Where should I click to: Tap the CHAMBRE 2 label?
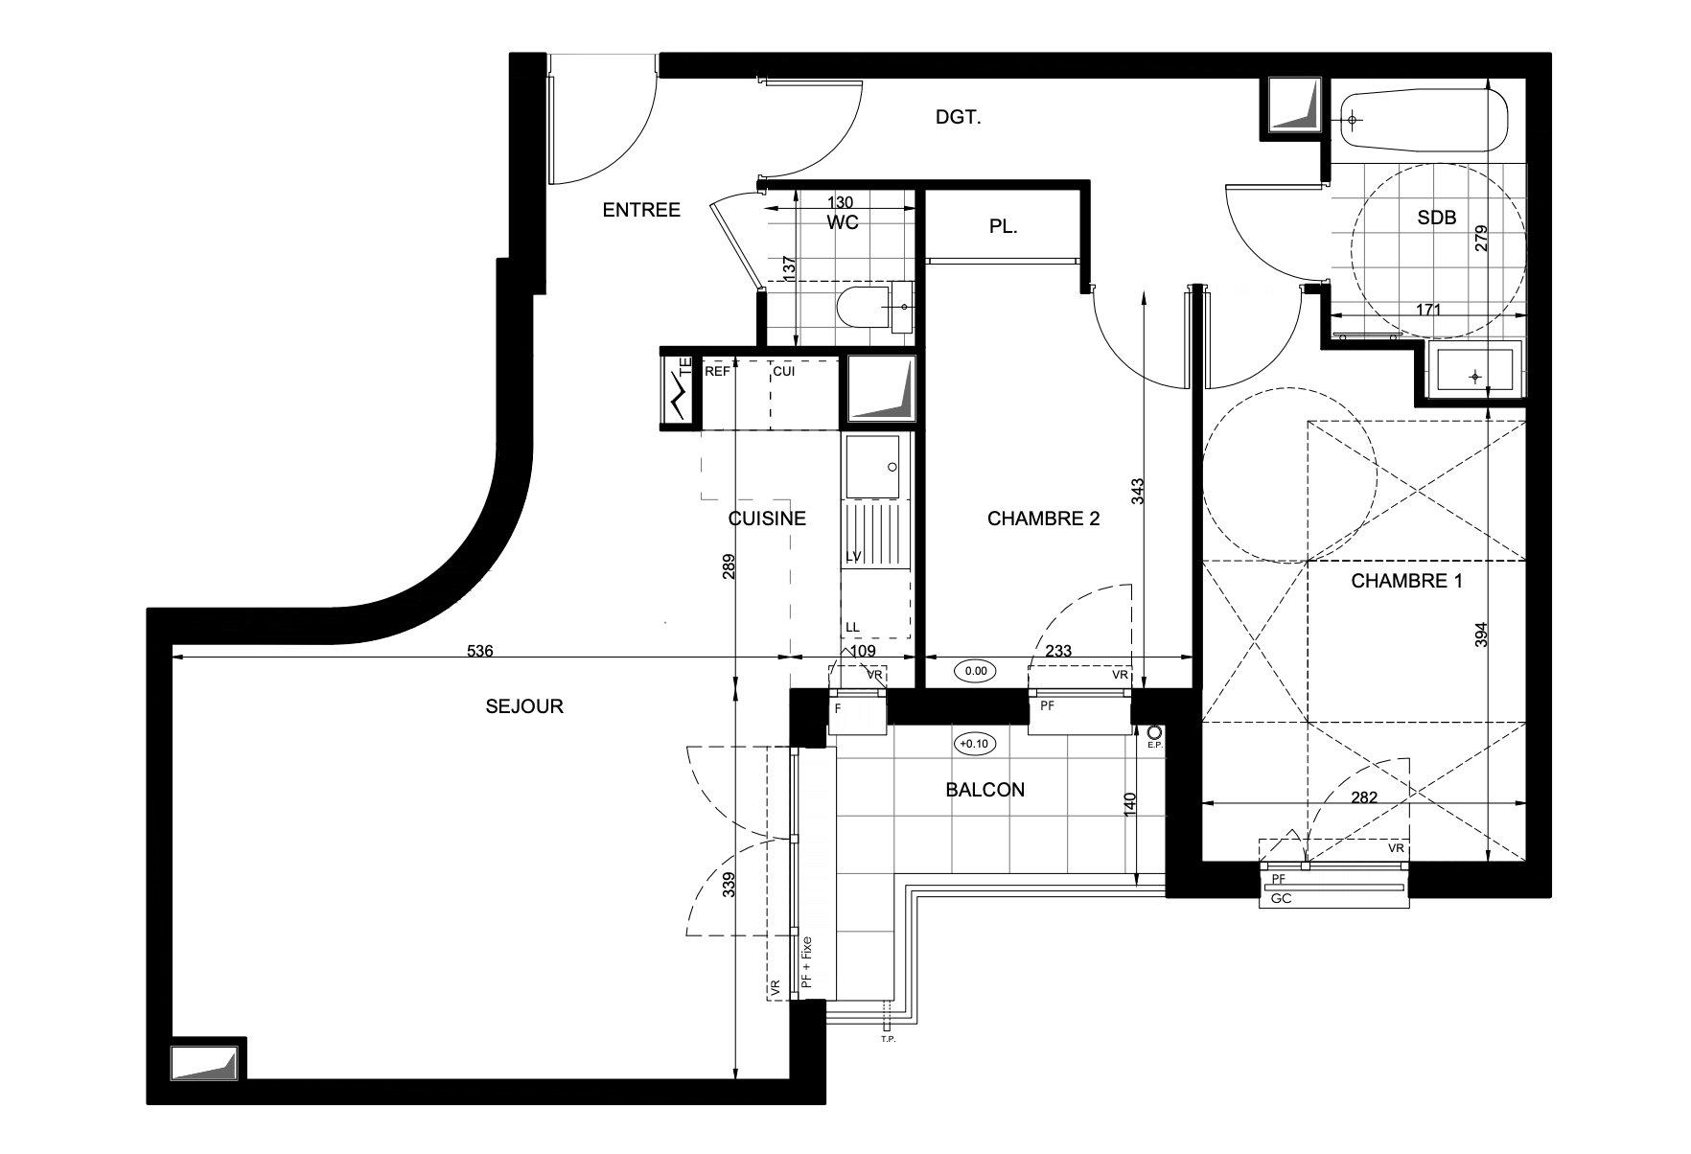click(1043, 519)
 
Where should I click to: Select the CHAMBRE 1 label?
click(1406, 581)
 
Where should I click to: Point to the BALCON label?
click(984, 790)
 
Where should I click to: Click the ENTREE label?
click(641, 210)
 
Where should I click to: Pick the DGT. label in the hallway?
click(959, 118)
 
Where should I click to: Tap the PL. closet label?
click(1003, 228)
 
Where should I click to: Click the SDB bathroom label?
click(1436, 218)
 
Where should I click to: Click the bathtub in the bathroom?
click(1424, 120)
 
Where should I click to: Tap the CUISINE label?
click(767, 519)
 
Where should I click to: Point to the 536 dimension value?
click(479, 651)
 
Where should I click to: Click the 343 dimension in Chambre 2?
click(1138, 493)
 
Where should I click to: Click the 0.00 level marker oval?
click(975, 671)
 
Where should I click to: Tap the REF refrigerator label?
click(717, 371)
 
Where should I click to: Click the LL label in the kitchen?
click(852, 628)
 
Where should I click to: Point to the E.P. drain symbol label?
click(1154, 745)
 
